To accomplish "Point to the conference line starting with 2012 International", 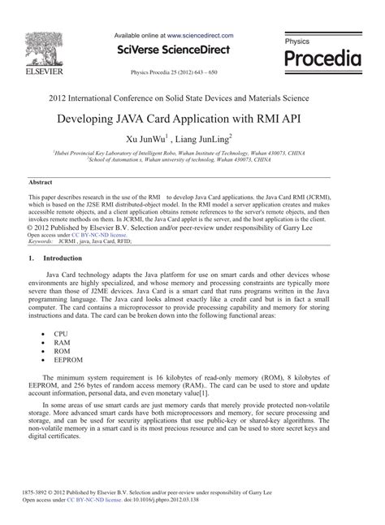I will point(192,98).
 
